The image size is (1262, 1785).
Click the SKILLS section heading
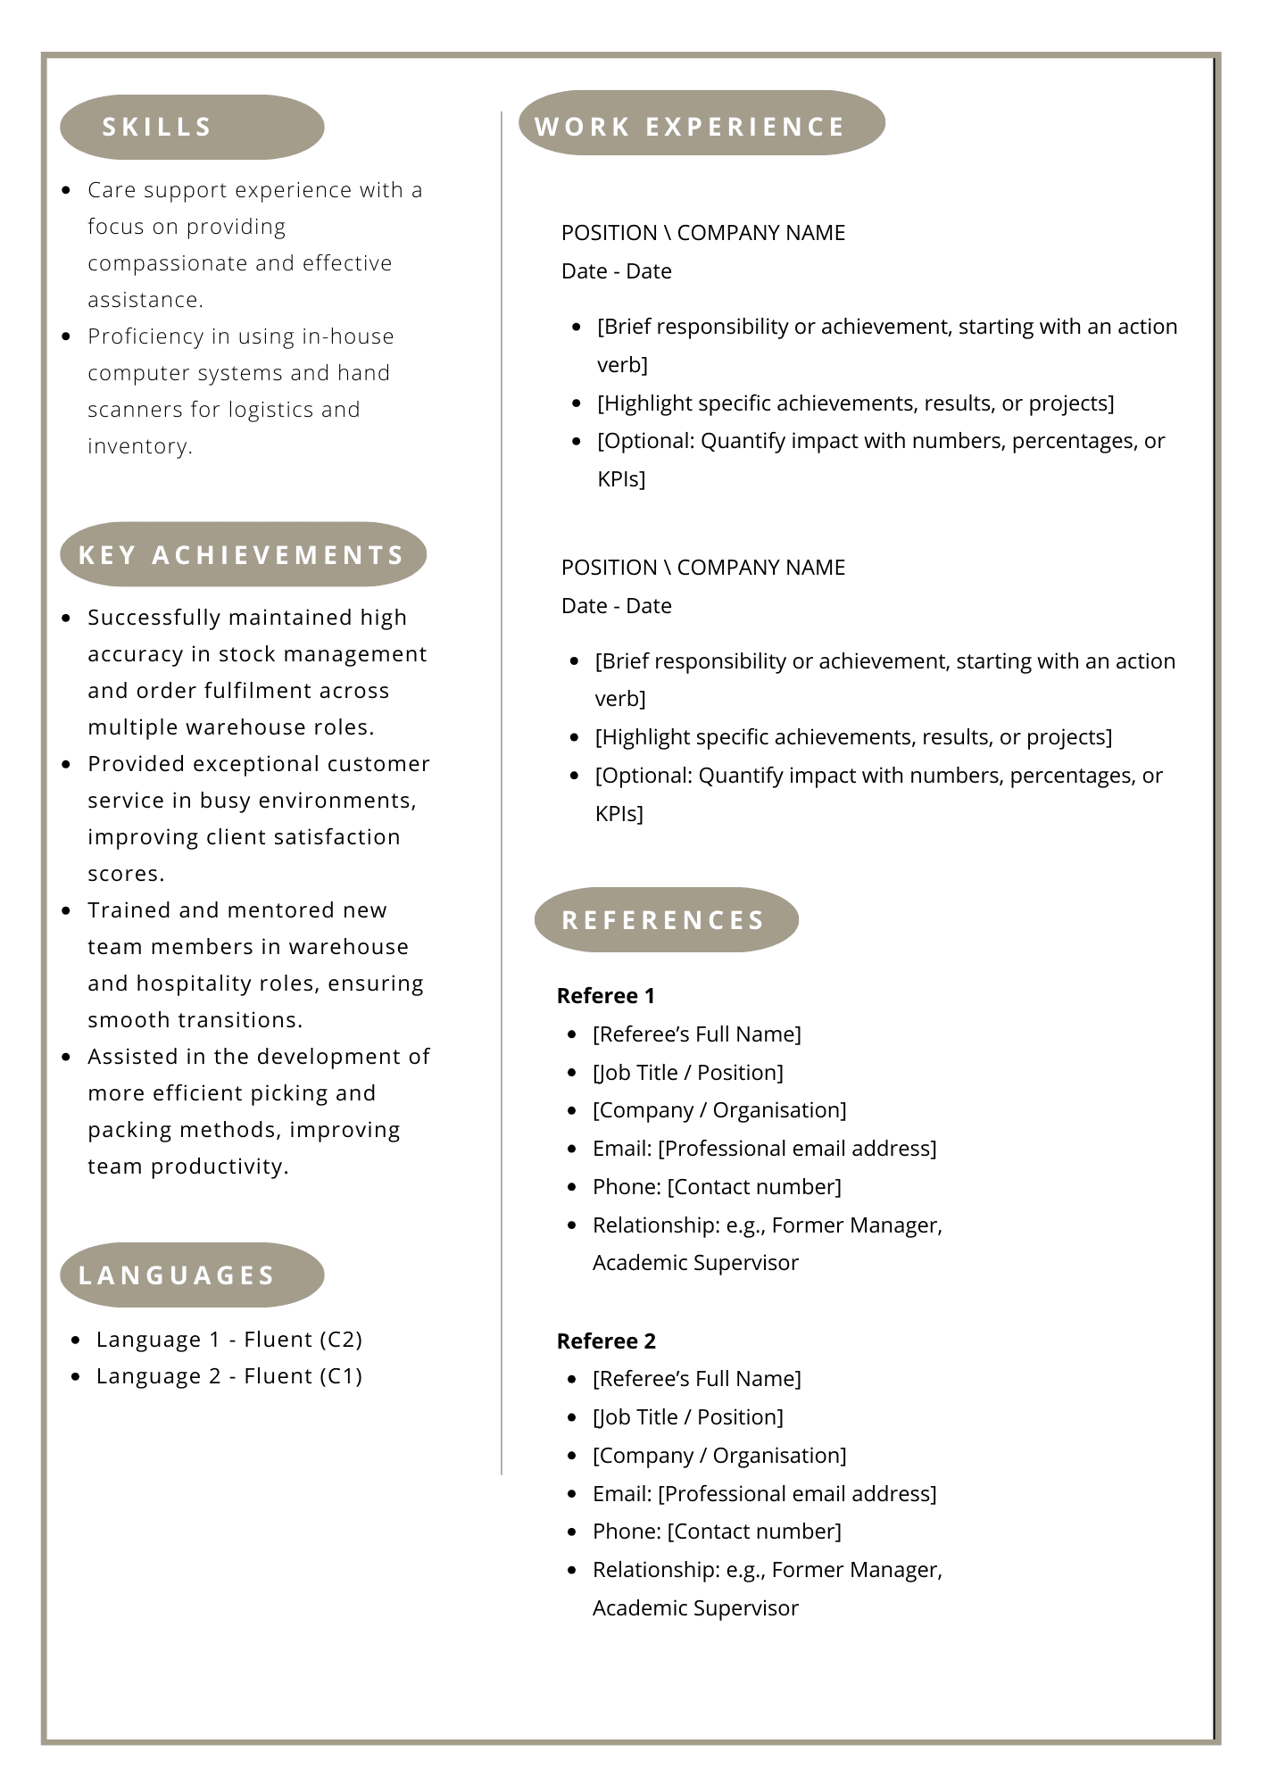157,127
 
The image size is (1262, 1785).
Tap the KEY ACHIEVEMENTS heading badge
242,555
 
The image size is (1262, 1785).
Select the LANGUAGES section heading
177,1275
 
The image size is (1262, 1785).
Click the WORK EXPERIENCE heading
690,127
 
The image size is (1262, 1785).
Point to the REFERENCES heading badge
663,920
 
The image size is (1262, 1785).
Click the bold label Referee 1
606,996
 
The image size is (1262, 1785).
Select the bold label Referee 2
606,1341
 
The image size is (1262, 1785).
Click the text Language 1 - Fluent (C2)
229,1340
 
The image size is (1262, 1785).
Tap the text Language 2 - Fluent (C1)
229,1376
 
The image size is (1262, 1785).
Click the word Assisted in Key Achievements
133,1057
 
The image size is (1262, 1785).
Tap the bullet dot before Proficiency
66,337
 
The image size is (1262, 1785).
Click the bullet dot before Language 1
76,1341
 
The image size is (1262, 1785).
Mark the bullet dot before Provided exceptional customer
66,765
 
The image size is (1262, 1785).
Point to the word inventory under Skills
139,446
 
